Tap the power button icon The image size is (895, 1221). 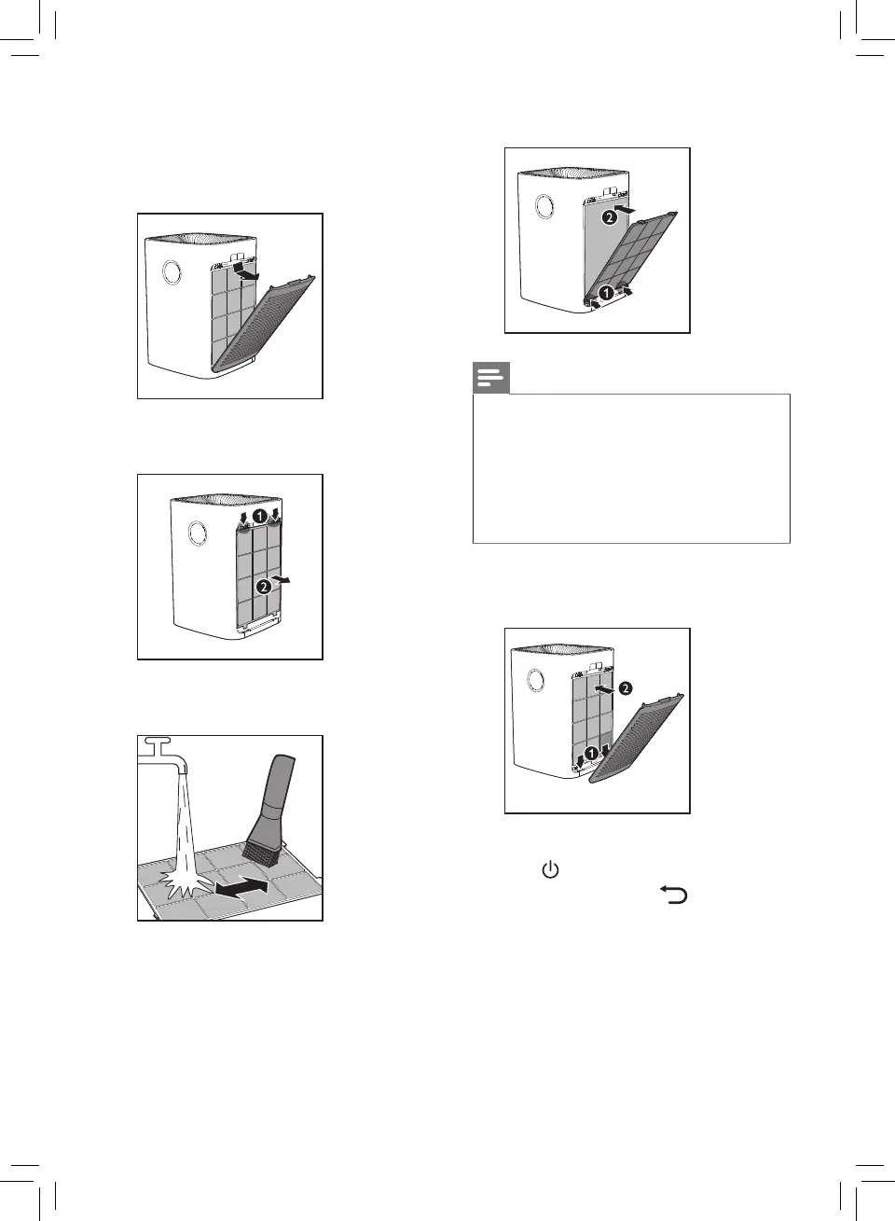coord(550,871)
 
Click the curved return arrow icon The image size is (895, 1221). coord(674,895)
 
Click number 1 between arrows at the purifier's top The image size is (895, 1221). coord(264,515)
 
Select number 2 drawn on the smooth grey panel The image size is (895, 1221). coord(608,216)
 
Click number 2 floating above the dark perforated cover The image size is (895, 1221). coord(625,687)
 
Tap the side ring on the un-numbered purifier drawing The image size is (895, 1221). coord(172,271)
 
